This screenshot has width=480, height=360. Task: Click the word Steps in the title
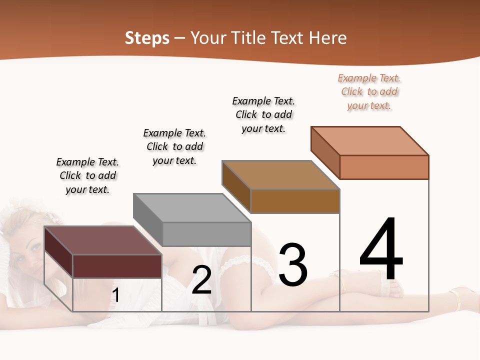(146, 38)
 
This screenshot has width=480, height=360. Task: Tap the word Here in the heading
(327, 38)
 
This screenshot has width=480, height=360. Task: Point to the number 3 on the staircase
(293, 265)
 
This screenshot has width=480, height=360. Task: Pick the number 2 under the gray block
(201, 280)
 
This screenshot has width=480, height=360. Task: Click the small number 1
(115, 295)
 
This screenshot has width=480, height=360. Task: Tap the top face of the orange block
(370, 140)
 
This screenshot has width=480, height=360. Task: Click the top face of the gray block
(192, 207)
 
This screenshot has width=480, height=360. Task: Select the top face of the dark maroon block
(103, 240)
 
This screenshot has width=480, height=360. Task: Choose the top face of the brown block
(281, 174)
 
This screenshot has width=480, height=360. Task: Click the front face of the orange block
(384, 167)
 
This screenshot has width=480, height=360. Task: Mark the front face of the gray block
(206, 234)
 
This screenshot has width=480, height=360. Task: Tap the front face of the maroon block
(117, 266)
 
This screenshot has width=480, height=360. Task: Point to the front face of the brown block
(295, 201)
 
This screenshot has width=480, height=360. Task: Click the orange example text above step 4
(369, 91)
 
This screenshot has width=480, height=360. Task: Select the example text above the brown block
(263, 114)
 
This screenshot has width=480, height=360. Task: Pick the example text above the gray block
(174, 146)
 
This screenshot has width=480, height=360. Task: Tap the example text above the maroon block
(87, 175)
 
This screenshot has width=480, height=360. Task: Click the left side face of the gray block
(148, 219)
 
